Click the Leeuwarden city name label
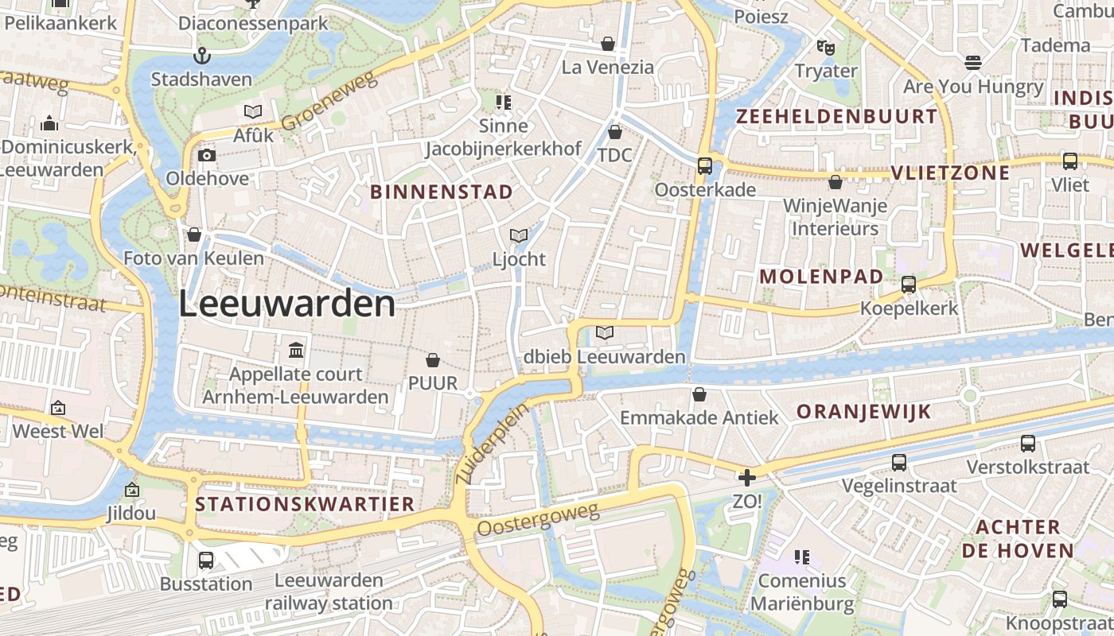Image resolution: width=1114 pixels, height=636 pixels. tap(286, 304)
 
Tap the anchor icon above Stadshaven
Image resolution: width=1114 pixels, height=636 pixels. tap(201, 56)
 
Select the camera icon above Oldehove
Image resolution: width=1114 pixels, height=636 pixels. tap(207, 155)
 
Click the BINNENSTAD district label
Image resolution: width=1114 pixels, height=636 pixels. tap(442, 192)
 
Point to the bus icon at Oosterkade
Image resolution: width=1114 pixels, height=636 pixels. tap(705, 166)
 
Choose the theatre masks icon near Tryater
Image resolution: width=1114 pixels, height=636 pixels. tap(826, 48)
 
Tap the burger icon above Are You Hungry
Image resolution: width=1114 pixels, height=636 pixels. tap(972, 62)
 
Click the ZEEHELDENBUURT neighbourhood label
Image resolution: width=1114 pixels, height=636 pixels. tap(837, 117)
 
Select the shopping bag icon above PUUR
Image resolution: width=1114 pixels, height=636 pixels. tap(433, 361)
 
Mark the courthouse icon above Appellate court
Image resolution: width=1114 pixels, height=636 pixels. tap(296, 350)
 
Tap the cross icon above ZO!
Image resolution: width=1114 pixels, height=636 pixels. tap(746, 478)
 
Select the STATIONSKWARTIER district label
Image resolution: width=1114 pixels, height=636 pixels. tap(305, 504)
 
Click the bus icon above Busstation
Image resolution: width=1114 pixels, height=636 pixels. tap(206, 560)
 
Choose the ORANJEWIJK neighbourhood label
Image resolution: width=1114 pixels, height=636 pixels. tap(863, 412)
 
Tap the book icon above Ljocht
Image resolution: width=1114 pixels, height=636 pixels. tap(519, 235)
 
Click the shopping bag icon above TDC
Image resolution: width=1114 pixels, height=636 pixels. tap(614, 131)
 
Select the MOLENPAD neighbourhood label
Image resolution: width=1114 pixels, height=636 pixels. tap(821, 277)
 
